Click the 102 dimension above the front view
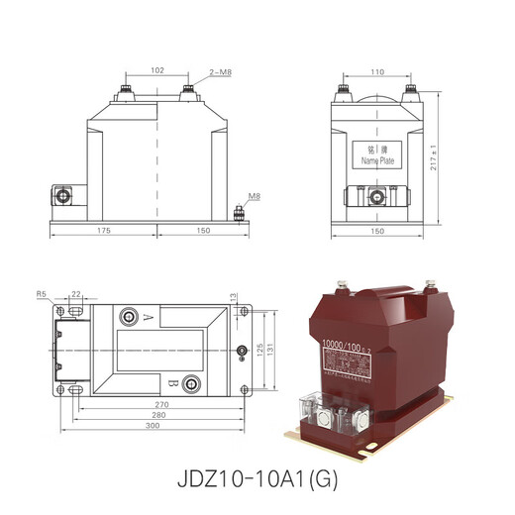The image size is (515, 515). (x=156, y=70)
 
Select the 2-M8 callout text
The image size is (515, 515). (x=221, y=72)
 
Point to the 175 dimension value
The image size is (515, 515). (x=103, y=231)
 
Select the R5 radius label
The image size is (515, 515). (x=42, y=294)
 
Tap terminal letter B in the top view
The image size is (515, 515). (x=174, y=383)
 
